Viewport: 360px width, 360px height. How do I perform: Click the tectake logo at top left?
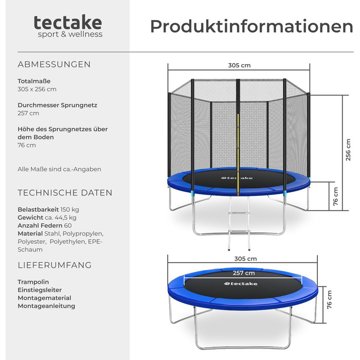click(x=68, y=26)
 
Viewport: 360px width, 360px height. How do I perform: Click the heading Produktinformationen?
click(x=251, y=26)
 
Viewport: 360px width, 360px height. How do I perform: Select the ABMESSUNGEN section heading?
click(x=54, y=64)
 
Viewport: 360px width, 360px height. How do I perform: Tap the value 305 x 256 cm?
click(x=37, y=89)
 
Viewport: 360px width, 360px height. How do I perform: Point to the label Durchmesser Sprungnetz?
click(x=58, y=105)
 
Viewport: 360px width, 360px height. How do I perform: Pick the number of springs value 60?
click(x=68, y=225)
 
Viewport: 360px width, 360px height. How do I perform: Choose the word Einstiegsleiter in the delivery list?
click(x=40, y=290)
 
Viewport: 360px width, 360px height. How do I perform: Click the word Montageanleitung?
click(x=46, y=306)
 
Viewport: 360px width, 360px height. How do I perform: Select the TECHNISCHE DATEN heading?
click(x=65, y=193)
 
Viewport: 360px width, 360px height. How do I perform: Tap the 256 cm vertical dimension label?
click(x=348, y=150)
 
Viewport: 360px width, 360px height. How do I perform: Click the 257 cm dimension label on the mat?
click(x=244, y=273)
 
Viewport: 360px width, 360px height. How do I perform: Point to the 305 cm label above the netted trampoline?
click(x=239, y=65)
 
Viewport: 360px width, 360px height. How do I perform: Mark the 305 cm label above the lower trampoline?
click(x=245, y=259)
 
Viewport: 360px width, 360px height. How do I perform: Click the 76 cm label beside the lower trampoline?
click(x=329, y=300)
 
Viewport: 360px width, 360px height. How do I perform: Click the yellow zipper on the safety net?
click(x=238, y=154)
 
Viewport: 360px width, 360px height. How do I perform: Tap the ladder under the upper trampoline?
click(x=239, y=223)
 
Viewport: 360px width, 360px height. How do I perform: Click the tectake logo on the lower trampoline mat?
click(x=241, y=284)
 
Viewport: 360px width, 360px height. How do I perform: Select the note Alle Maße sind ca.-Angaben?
click(x=59, y=169)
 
